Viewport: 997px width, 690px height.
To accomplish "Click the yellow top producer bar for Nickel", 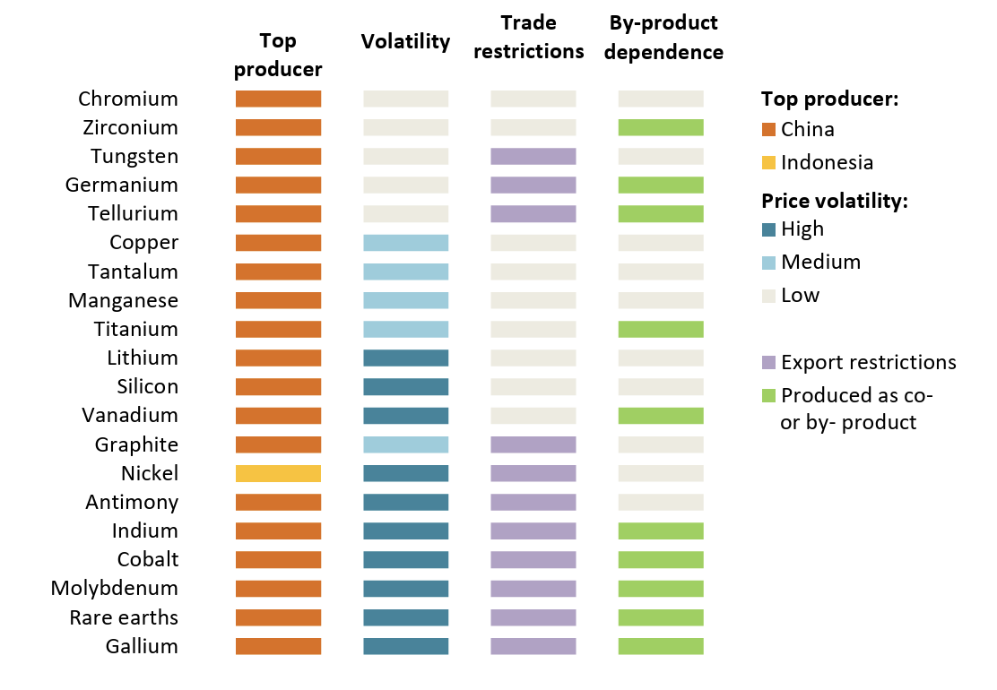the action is pos(278,473).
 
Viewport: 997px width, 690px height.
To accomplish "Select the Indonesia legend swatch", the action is pos(768,163).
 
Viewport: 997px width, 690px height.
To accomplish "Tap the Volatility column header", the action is pos(405,42).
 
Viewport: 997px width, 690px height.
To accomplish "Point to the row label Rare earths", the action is pos(124,617).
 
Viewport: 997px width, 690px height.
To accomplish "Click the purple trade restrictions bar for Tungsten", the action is pos(533,156).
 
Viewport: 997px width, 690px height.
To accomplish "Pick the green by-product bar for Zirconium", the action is pos(661,128).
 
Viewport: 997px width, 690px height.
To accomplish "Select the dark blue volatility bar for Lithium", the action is pos(405,358).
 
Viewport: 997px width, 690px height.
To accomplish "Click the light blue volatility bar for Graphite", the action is pos(405,444).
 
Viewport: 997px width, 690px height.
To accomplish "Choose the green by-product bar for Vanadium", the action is pos(661,416).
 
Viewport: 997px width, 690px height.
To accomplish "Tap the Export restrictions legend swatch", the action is pos(768,363).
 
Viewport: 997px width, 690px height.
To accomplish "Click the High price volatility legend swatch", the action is pos(768,229).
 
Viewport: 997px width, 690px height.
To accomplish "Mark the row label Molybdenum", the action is pos(115,589).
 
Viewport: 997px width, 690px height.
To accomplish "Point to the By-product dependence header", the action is pos(663,38).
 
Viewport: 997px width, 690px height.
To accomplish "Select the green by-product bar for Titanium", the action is pos(661,329).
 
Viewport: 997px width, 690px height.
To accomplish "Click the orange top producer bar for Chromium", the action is pos(278,99).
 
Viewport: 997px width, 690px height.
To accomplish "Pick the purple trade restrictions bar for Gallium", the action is pos(533,646).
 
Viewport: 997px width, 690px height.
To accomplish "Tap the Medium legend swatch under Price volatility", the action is pos(768,263).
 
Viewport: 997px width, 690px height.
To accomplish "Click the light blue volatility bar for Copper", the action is pos(405,243).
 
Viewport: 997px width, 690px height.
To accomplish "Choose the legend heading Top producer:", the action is pos(829,99).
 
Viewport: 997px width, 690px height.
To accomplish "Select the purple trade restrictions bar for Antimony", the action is pos(533,503).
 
